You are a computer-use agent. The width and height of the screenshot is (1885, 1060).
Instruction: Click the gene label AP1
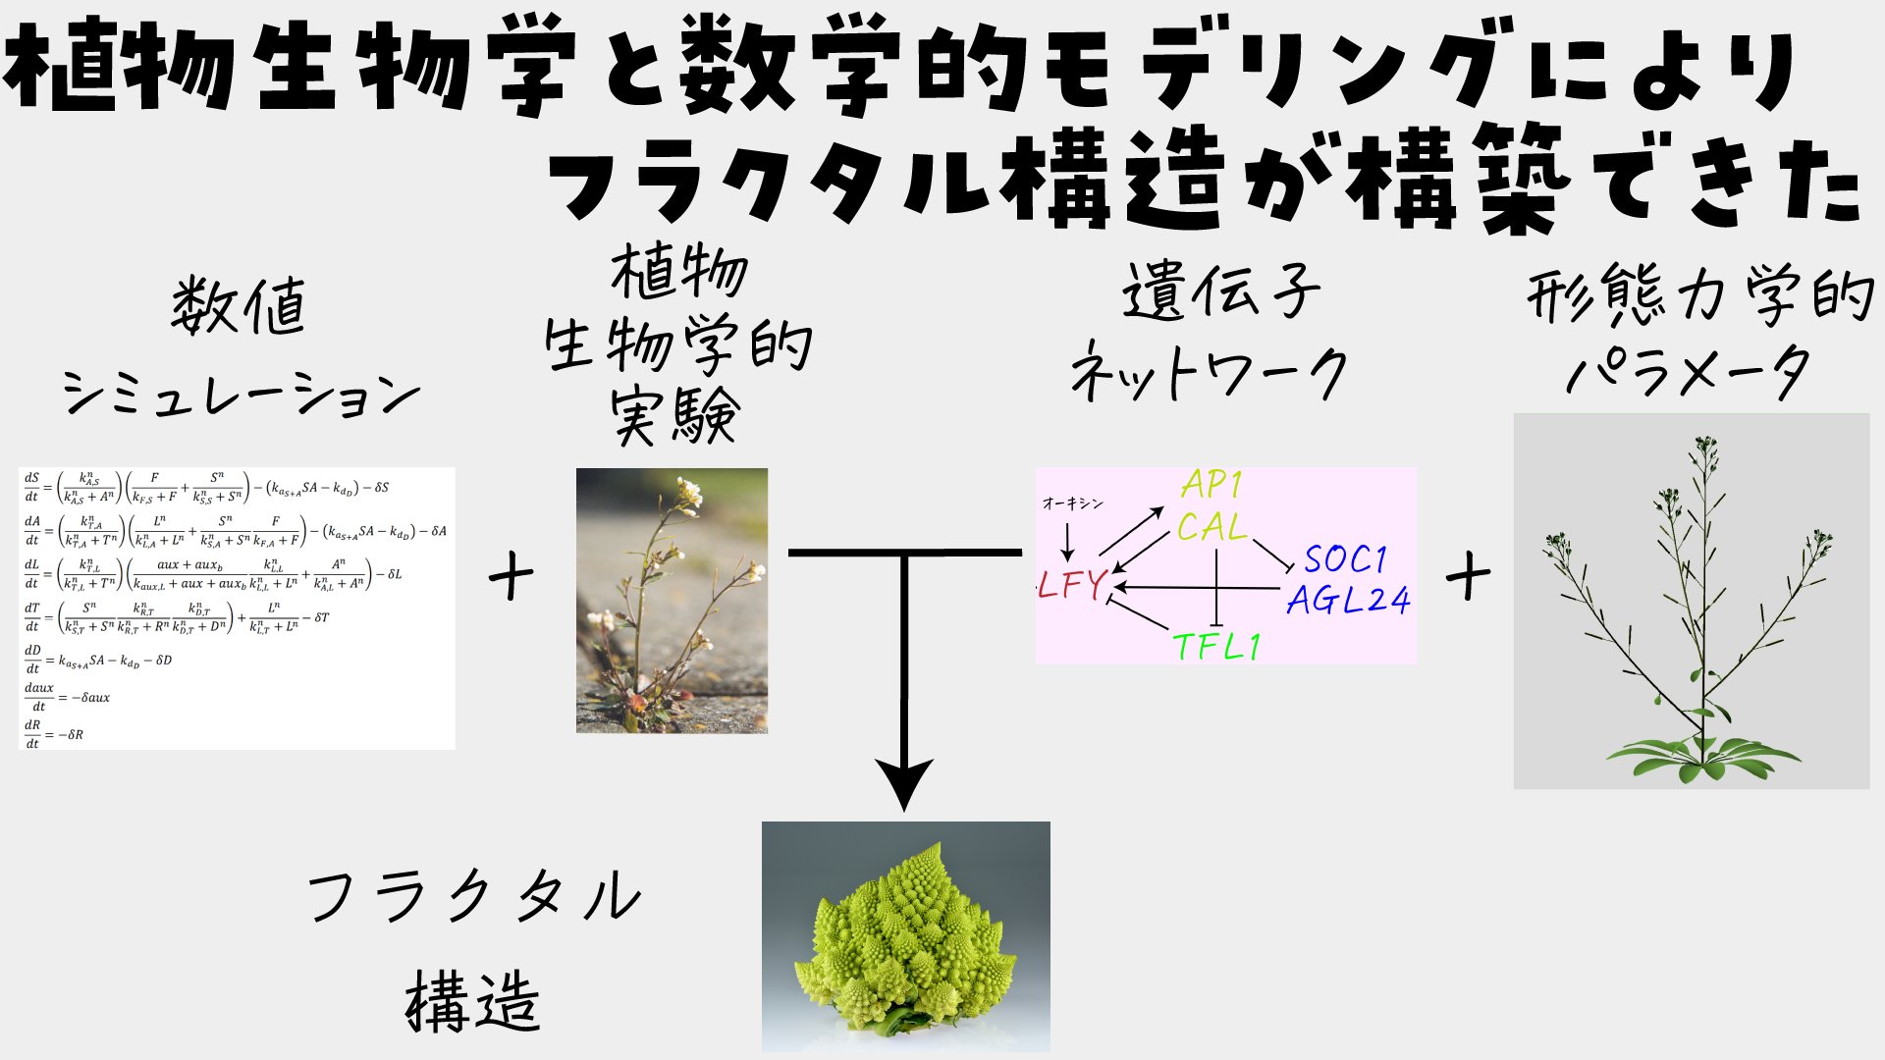point(1212,484)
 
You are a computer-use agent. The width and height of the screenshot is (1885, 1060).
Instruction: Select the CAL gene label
point(1212,528)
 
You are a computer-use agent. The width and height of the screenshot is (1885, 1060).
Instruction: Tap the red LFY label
point(1072,585)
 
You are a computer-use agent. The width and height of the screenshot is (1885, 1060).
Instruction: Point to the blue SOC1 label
point(1345,559)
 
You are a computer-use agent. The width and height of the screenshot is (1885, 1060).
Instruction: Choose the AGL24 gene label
point(1348,600)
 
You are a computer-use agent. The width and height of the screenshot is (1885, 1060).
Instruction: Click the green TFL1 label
point(1216,647)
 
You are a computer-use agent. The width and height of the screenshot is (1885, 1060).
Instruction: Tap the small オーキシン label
point(1072,503)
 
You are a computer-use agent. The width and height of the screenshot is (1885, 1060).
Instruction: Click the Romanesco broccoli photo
point(905,936)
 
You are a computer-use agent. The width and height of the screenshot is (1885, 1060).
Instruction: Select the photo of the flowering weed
point(672,601)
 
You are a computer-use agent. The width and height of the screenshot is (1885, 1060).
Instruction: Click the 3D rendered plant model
point(1691,601)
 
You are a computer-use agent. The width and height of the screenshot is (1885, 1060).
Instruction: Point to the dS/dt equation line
point(206,487)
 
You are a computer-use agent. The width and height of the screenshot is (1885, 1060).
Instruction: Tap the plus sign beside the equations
point(511,576)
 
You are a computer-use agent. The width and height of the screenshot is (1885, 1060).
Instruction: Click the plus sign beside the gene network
point(1468,576)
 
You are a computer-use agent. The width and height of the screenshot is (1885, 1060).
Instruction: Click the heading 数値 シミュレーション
point(241,348)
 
